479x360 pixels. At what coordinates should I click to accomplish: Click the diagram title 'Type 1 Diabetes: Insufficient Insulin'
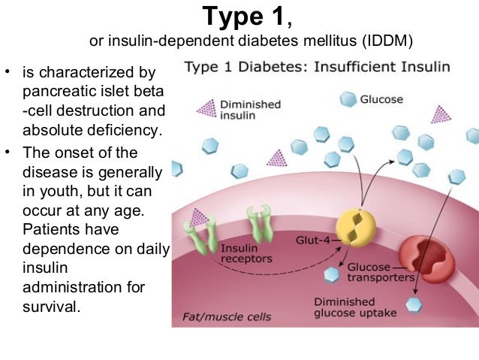point(317,67)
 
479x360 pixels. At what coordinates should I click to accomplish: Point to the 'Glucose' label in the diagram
point(381,99)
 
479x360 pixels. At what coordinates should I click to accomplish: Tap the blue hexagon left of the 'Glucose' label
point(348,98)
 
